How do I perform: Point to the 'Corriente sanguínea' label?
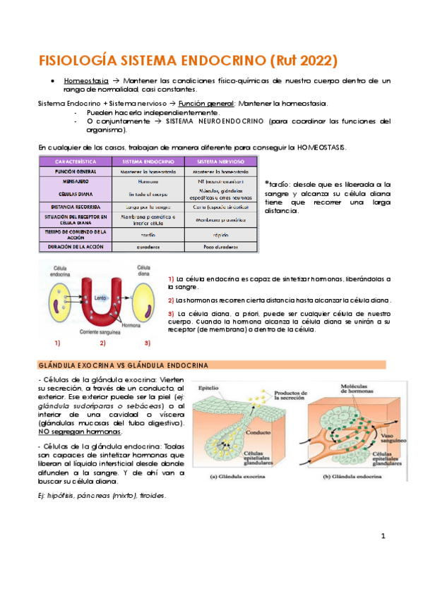click(x=103, y=330)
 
